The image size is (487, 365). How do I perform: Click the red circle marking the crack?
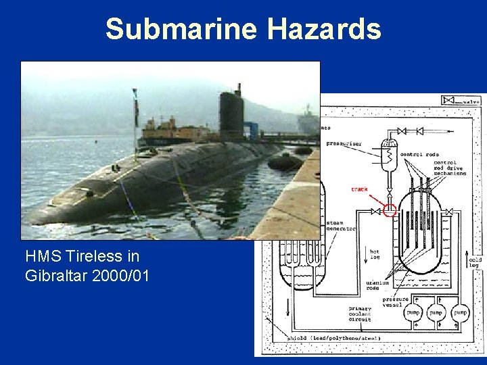(x=389, y=210)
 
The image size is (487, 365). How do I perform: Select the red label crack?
(x=359, y=190)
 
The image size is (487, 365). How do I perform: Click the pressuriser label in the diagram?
(x=343, y=143)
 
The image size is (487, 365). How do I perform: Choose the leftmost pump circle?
(x=413, y=313)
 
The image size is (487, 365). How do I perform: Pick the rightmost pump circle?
(x=460, y=313)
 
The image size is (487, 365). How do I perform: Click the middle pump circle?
(x=436, y=313)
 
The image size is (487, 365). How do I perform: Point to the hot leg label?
(x=375, y=255)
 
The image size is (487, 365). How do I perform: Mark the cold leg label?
(x=475, y=262)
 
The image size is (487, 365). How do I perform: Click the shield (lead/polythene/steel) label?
(x=334, y=337)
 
